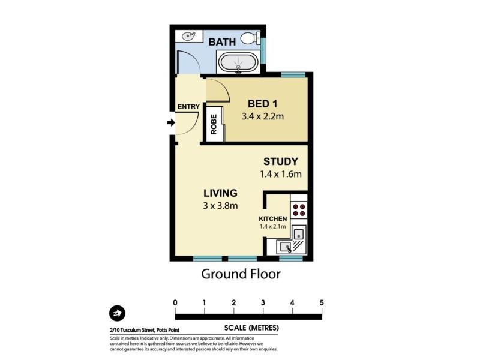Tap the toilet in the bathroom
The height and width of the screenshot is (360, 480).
249,39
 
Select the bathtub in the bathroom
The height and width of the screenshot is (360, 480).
238,62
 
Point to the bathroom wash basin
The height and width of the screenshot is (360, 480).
189,36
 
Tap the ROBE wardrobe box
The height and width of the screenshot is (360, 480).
214,124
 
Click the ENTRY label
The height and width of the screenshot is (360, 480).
188,107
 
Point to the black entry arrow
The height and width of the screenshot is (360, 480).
170,123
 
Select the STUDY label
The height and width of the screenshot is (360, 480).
281,161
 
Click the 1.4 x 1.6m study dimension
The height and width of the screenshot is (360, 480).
281,174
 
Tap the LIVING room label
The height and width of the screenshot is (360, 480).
220,193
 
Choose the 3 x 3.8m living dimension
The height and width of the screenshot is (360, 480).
220,206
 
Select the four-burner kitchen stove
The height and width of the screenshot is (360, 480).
298,210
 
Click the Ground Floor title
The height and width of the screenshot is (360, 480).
241,274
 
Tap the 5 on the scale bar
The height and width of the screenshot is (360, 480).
322,302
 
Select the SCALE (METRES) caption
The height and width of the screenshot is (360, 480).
251,328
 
